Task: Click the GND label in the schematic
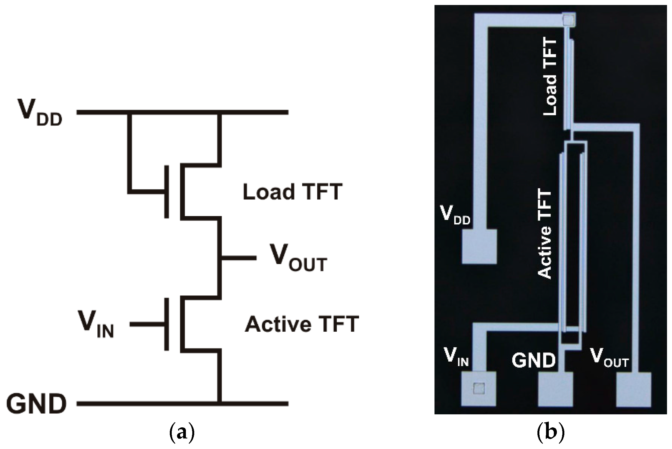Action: pos(36,404)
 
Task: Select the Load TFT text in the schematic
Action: pos(292,192)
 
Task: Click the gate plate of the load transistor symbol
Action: pos(166,192)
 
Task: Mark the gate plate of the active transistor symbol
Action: pos(166,324)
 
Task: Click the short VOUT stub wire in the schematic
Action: pos(239,258)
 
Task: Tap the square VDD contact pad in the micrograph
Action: pos(479,246)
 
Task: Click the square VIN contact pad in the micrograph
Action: pos(479,389)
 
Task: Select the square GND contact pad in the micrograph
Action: pos(555,389)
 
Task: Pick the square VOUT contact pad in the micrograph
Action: pos(633,389)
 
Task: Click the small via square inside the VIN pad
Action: pos(479,388)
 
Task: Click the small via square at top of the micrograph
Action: pos(569,20)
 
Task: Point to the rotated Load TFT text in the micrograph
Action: pos(550,77)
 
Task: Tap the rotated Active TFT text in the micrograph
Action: pos(544,234)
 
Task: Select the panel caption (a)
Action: pos(182,433)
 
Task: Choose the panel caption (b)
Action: pos(550,433)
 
